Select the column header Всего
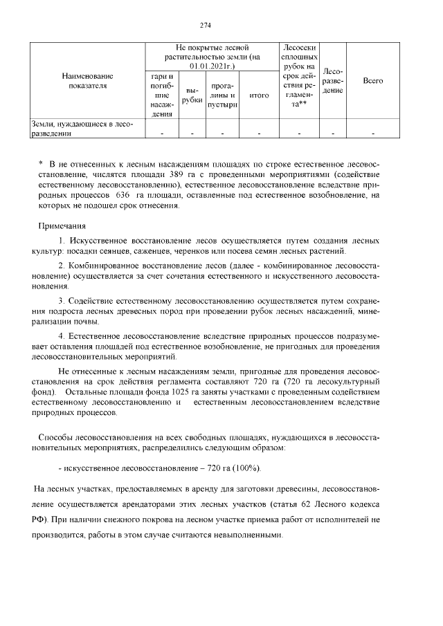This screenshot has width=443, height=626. pos(373,81)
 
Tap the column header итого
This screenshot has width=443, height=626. pos(259,95)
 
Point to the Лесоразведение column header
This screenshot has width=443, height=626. pos(334,81)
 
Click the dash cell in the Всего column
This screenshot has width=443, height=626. pos(373,134)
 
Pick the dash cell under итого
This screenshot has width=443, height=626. pos(259,134)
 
